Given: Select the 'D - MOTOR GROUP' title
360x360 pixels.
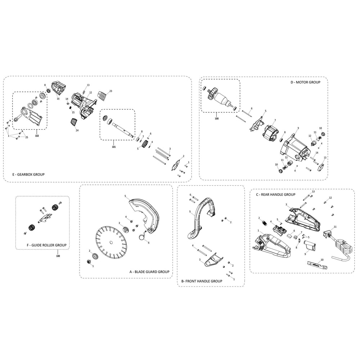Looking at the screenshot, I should tap(305, 82).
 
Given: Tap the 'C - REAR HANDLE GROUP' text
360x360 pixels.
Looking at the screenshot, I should tap(275, 194).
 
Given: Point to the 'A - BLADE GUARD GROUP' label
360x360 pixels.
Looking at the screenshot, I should tap(149, 272).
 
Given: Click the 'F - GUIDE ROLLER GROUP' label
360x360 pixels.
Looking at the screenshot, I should tap(42, 245).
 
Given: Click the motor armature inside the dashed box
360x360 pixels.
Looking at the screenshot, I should tap(219, 98).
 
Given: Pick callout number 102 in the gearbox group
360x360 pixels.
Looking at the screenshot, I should tap(37, 136).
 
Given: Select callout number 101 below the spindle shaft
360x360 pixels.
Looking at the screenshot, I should tap(114, 147).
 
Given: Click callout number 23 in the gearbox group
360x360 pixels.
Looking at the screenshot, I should tap(111, 91).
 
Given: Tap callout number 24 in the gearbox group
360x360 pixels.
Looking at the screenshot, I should tap(77, 130).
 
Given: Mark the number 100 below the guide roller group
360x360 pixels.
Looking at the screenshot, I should tap(58, 256).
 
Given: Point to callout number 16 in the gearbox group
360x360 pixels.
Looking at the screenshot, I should tap(58, 98).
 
